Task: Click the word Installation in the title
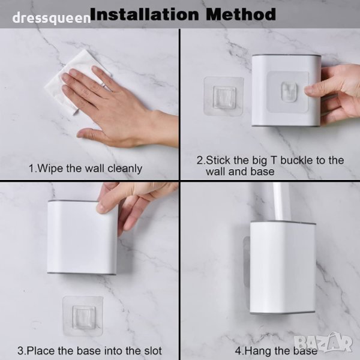(x=145, y=14)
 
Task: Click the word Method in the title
(x=241, y=14)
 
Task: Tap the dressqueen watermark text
(x=52, y=18)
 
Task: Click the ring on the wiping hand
(x=104, y=85)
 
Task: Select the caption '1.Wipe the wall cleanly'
(x=85, y=169)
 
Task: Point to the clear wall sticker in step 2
(x=223, y=96)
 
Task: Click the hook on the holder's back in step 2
(x=289, y=91)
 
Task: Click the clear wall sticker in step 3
(x=83, y=316)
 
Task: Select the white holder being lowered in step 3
(x=82, y=238)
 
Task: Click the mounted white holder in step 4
(x=283, y=267)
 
